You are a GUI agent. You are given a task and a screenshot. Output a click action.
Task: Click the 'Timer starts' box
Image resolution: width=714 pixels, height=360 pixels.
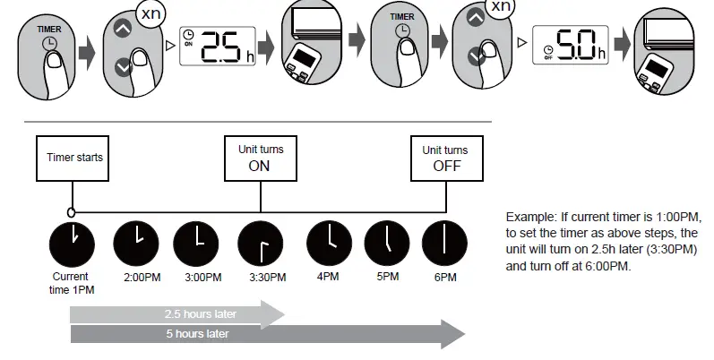(x=74, y=158)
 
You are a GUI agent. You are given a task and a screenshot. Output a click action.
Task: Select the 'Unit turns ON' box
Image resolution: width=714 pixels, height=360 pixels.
(x=260, y=158)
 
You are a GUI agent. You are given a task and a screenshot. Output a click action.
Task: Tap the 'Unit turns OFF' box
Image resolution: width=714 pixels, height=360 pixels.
(x=445, y=158)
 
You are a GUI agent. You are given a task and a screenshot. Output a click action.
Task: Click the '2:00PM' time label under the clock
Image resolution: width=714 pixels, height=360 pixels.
(x=142, y=278)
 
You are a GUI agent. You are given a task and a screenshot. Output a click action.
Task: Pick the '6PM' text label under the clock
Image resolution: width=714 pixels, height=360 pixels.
(x=445, y=278)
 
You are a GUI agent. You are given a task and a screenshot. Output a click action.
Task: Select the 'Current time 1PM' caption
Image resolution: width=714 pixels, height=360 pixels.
(x=71, y=283)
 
